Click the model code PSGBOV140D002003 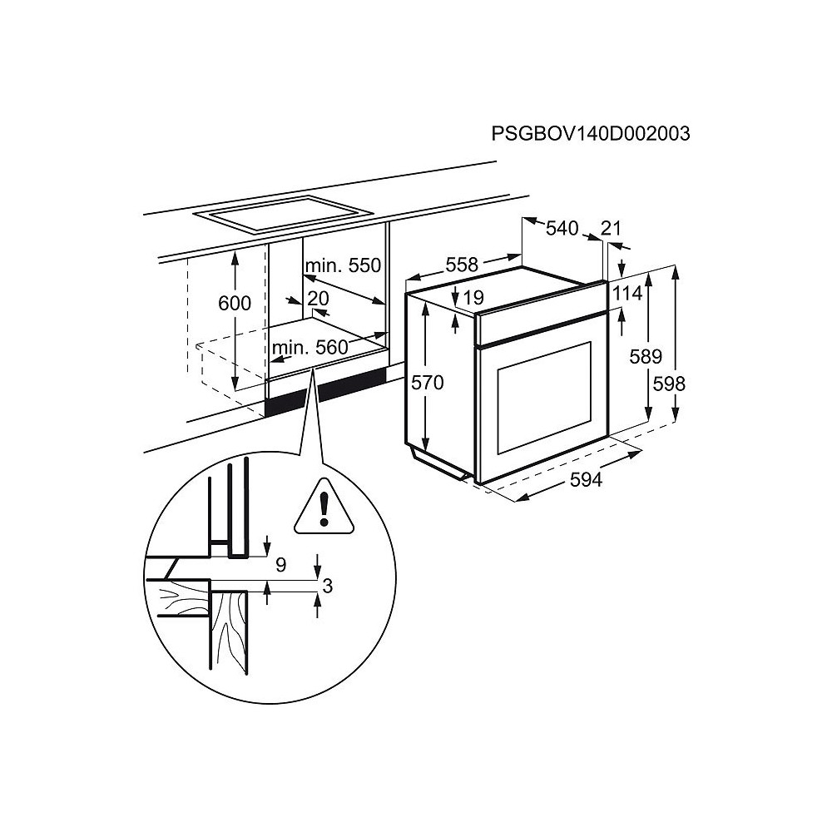[591, 133]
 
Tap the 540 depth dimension [562, 228]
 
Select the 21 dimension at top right [611, 228]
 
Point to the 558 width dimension [462, 265]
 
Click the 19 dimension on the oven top [474, 298]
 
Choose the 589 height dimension [646, 356]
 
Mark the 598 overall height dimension [669, 383]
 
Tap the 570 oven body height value [428, 382]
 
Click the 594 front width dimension [587, 480]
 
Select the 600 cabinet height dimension [235, 303]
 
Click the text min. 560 [310, 348]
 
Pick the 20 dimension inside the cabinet [319, 298]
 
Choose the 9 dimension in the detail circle [281, 565]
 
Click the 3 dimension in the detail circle [327, 586]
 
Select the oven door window [544, 398]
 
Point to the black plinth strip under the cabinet [326, 392]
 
